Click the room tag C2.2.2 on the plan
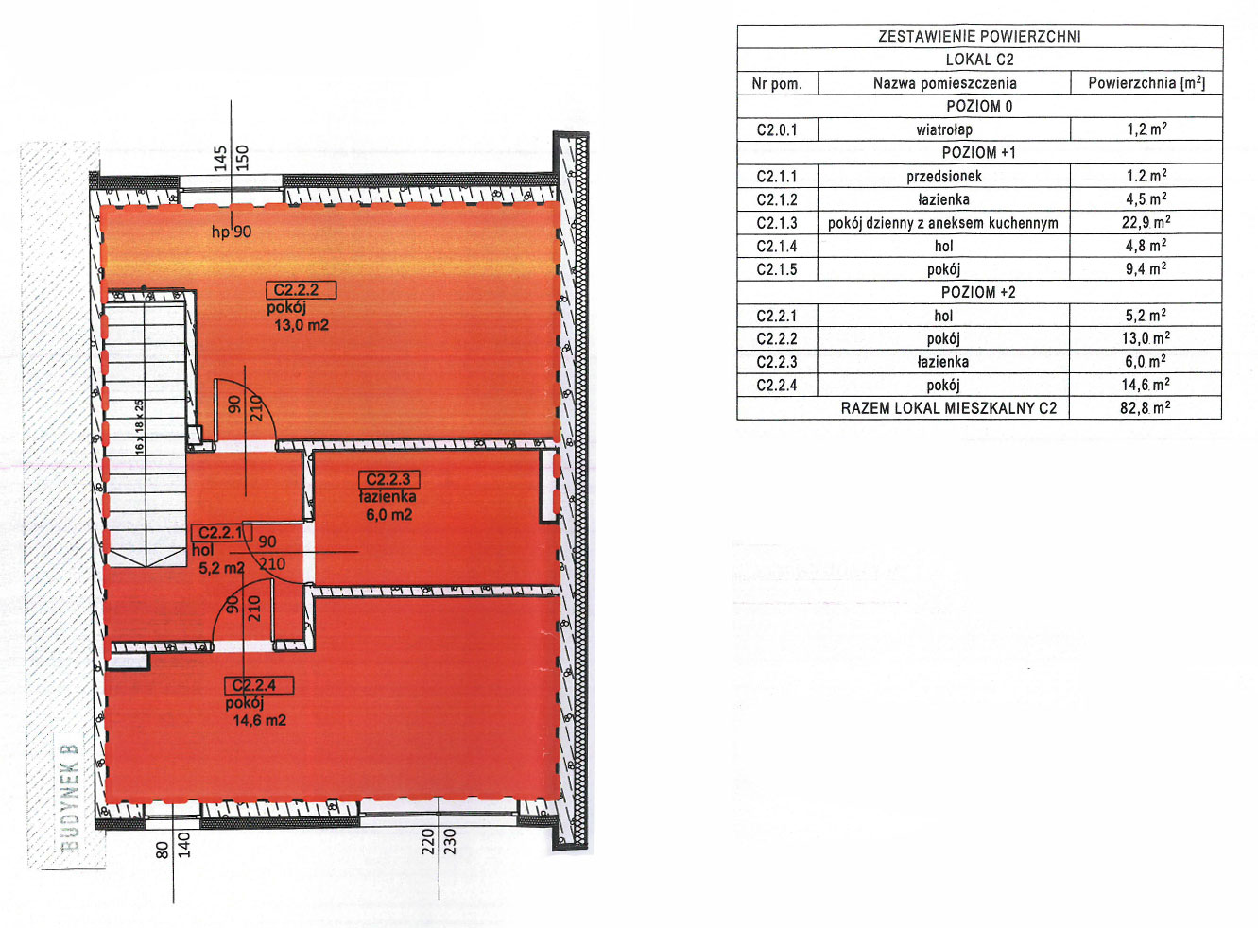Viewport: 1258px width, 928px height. click(x=302, y=290)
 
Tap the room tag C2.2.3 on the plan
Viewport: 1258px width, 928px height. click(x=389, y=479)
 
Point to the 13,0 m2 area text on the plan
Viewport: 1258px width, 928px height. click(x=302, y=326)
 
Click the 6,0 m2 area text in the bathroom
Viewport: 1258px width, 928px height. click(x=389, y=515)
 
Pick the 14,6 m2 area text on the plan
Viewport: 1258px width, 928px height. click(x=259, y=720)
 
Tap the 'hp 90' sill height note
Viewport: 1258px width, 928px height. click(x=232, y=232)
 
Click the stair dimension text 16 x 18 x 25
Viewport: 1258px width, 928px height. click(x=139, y=426)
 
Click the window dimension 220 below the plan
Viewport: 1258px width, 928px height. click(x=427, y=842)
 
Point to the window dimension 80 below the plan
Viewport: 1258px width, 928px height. click(x=163, y=850)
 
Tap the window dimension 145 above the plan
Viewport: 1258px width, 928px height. click(x=220, y=158)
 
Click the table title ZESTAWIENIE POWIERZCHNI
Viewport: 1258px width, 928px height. click(x=979, y=36)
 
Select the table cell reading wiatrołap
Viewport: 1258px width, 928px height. click(x=944, y=129)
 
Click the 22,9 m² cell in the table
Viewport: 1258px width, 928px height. click(x=1146, y=222)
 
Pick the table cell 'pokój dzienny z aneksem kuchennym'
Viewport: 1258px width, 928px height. click(x=942, y=223)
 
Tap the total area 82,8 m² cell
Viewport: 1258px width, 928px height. click(x=1146, y=408)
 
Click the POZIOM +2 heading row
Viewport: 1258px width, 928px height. click(x=978, y=292)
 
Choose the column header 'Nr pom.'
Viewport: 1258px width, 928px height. click(x=777, y=84)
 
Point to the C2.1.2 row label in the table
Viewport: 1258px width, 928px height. click(x=777, y=199)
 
